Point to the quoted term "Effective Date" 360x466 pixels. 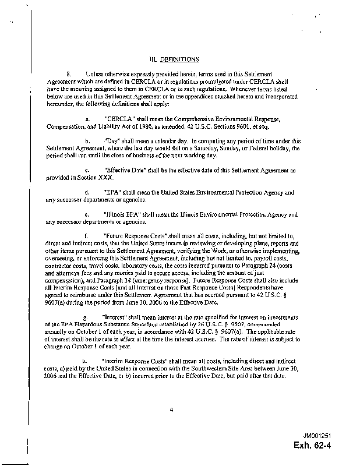[124, 170]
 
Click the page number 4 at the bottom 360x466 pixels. [172, 409]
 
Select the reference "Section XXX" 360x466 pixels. [90, 178]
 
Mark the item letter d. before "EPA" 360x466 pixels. [87, 192]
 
